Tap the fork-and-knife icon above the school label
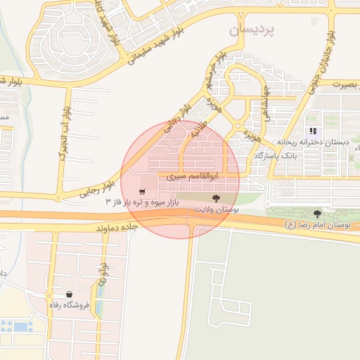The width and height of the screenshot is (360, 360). coord(314,131)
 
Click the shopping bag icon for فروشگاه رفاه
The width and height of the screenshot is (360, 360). coord(69,295)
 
